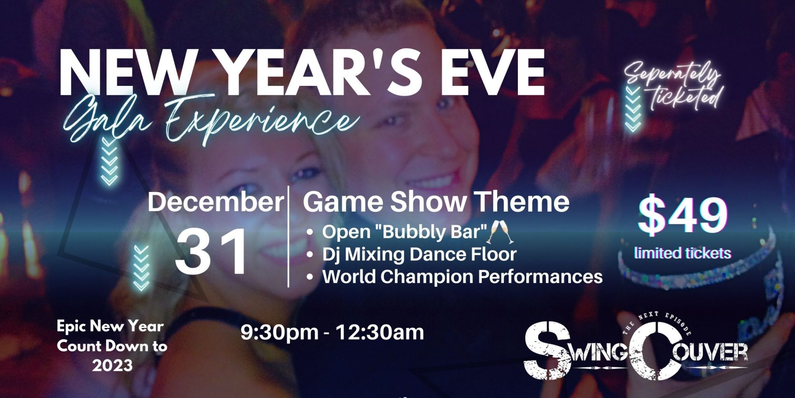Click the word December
tap(216, 203)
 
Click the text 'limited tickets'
tap(683, 253)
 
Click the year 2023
tap(112, 365)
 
